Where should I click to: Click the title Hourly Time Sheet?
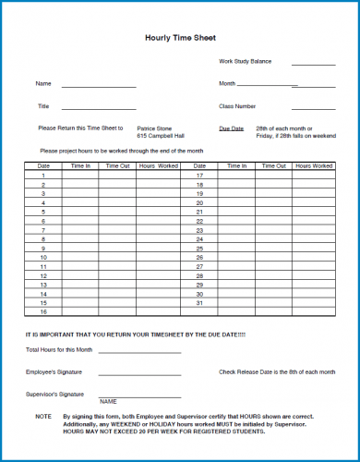(x=180, y=38)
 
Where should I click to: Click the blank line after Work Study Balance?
(x=314, y=65)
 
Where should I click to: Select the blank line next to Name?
(x=100, y=86)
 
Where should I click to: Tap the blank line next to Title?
(x=100, y=109)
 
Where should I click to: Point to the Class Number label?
(x=237, y=106)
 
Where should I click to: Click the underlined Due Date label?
(x=232, y=128)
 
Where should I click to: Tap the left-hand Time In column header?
(x=81, y=165)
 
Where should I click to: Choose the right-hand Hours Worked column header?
(x=315, y=165)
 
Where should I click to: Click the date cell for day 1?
(x=43, y=175)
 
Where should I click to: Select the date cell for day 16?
(x=43, y=312)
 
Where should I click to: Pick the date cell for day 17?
(x=199, y=175)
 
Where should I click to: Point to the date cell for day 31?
(x=199, y=303)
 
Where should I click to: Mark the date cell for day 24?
(x=199, y=239)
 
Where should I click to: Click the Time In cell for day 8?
(x=81, y=239)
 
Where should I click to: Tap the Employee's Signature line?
(x=139, y=374)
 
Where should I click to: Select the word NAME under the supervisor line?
(x=108, y=402)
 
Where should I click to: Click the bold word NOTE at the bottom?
(x=43, y=417)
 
